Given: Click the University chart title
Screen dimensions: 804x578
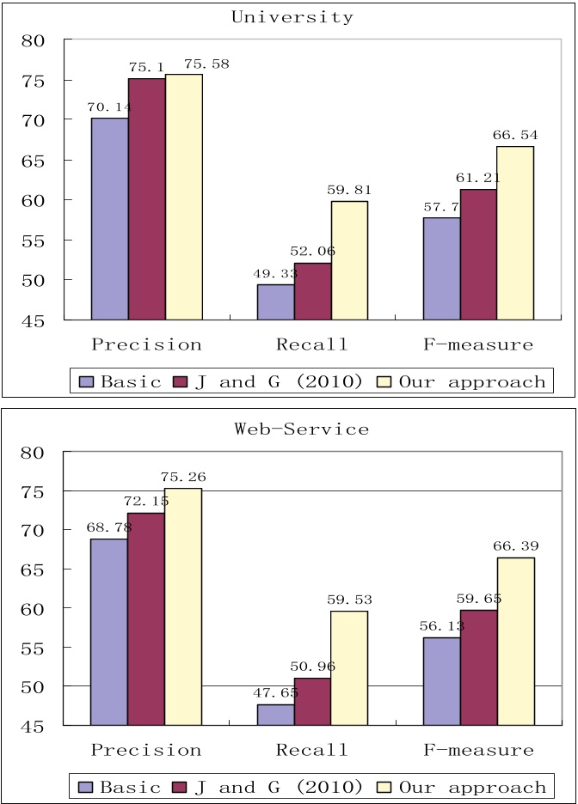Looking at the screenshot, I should tap(293, 17).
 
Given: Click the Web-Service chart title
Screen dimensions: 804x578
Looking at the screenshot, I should tap(302, 429).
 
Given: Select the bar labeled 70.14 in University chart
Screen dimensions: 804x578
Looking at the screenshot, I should tap(110, 218).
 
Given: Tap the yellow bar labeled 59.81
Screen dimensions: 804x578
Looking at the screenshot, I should tap(349, 259).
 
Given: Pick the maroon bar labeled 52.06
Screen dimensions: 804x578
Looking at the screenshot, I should tap(313, 291).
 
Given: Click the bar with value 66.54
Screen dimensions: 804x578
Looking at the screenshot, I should tap(515, 233).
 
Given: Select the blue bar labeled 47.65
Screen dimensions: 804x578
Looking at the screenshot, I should tap(275, 715).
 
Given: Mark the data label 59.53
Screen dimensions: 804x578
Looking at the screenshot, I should tap(349, 600).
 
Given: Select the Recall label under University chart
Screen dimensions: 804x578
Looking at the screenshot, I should tap(312, 345).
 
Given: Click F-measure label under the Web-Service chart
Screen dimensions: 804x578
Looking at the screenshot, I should tap(478, 750).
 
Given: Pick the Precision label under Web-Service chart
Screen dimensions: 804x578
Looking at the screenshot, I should tap(146, 750).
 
